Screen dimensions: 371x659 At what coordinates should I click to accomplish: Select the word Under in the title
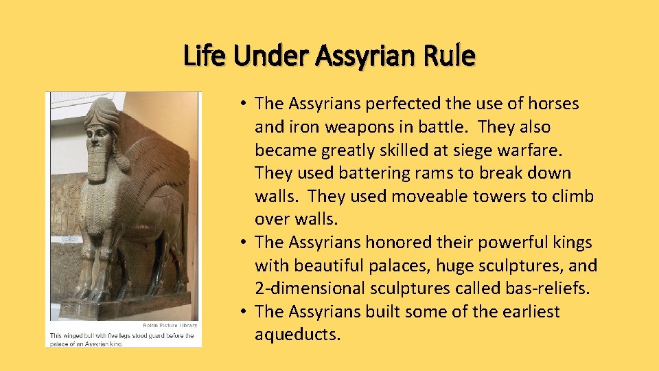pos(273,56)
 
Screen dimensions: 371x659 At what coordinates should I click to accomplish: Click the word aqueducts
pos(297,335)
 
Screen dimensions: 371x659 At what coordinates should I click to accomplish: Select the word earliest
pos(527,311)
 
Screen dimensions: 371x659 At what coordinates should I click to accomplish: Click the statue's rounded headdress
pos(103,110)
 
